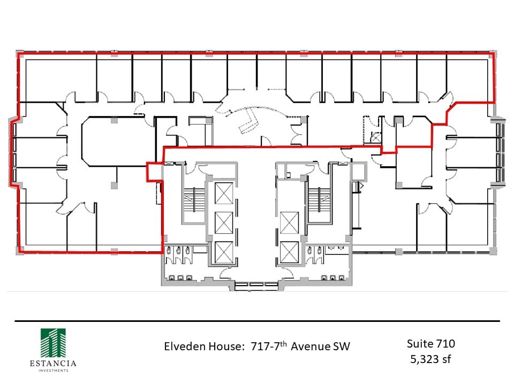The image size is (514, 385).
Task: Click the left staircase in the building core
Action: [x=195, y=199]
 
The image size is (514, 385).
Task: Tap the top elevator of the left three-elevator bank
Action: [x=223, y=193]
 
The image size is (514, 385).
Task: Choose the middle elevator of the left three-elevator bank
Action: [x=223, y=222]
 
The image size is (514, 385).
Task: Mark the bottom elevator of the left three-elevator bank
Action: [x=223, y=251]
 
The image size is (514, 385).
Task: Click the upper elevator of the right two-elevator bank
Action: [x=289, y=222]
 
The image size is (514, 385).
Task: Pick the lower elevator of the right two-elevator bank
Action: [x=289, y=251]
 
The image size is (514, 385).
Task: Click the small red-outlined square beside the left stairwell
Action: [x=154, y=172]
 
